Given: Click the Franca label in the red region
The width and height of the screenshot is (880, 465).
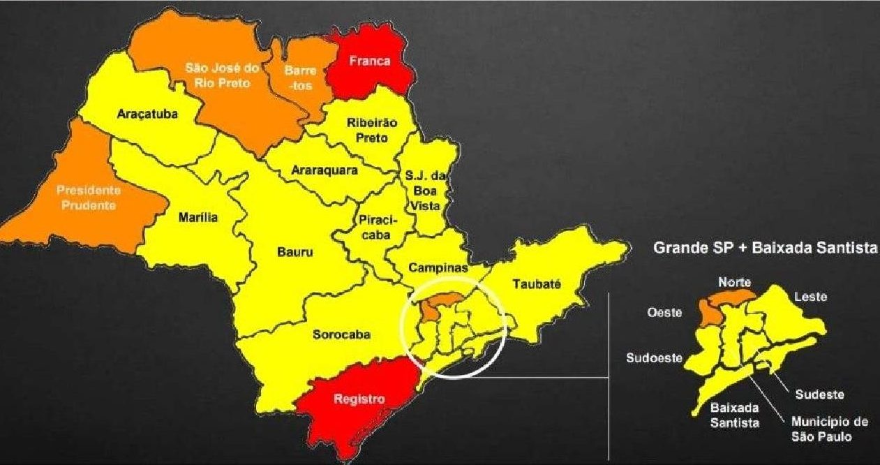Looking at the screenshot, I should (371, 61).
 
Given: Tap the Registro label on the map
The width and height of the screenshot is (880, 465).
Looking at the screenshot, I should (359, 400).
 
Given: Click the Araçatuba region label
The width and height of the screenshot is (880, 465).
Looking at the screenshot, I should (147, 113).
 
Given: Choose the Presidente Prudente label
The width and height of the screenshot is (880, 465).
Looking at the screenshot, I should (88, 197).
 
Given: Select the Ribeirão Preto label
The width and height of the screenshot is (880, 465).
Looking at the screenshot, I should (372, 130).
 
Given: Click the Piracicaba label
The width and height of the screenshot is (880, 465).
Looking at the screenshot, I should (378, 228).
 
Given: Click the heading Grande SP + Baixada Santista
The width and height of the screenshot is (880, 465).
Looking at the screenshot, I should (765, 247).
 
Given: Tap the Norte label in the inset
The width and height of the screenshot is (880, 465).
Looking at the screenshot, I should (735, 282).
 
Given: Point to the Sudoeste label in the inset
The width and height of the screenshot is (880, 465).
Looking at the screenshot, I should (653, 359).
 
